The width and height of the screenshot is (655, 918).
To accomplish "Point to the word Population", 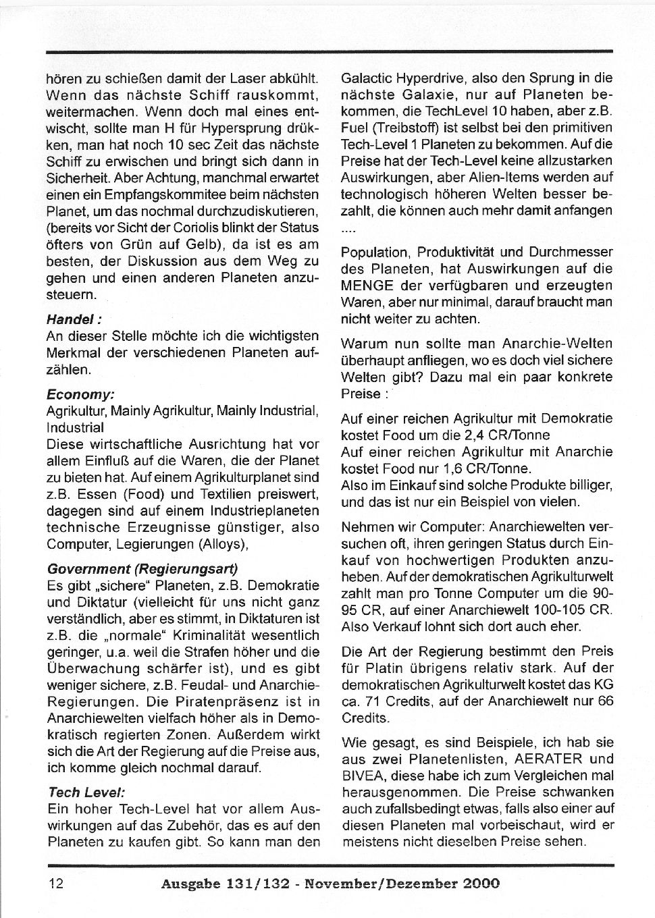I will click(x=374, y=252).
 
